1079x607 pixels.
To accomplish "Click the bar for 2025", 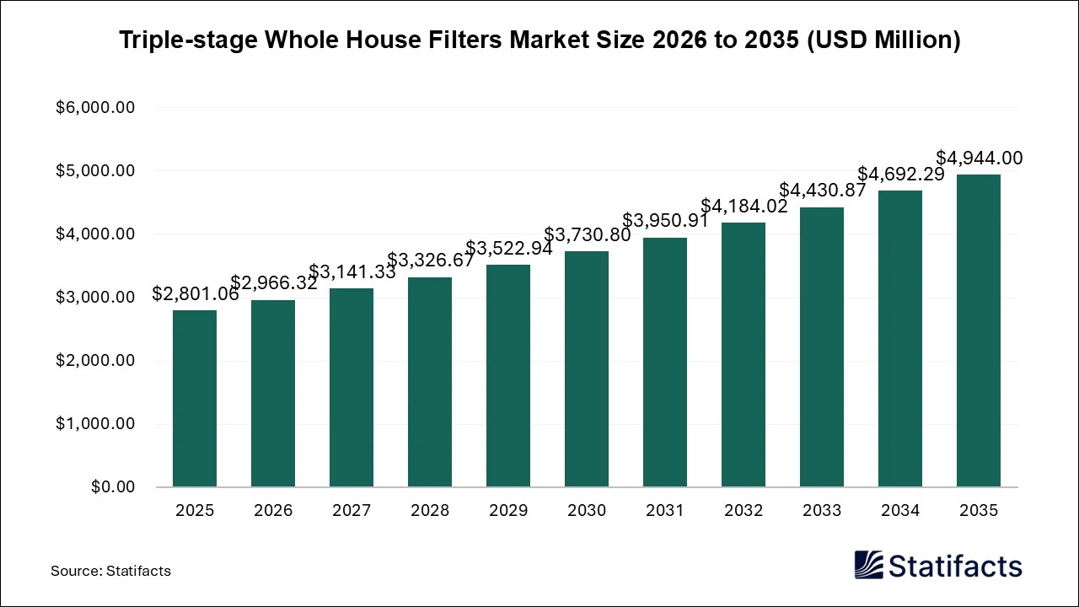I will click(195, 399).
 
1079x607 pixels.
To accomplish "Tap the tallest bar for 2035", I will click(979, 330).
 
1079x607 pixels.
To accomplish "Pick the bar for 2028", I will click(430, 382).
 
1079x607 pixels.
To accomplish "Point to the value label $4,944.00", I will click(979, 158).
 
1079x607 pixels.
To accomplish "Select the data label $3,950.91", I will click(665, 222).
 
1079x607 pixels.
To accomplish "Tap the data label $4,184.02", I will click(743, 207).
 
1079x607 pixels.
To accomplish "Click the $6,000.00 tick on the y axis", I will click(95, 108).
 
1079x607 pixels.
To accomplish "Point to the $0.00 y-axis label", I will click(111, 487).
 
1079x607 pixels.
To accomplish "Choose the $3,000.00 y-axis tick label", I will click(95, 298).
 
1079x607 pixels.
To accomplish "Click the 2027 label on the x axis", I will click(352, 511).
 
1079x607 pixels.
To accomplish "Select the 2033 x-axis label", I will click(822, 511).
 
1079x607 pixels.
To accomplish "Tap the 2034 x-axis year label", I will click(900, 511).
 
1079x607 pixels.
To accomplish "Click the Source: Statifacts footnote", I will click(110, 571).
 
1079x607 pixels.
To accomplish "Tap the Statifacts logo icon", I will click(868, 565).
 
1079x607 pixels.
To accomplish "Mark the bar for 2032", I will click(743, 355).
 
